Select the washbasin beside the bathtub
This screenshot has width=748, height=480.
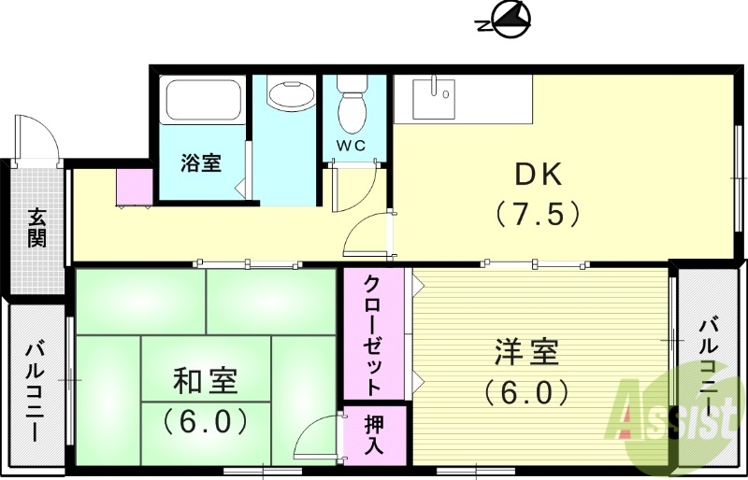291,94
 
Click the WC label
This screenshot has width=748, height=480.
352,147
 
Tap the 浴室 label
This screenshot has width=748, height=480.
201,162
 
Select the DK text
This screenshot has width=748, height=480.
537,175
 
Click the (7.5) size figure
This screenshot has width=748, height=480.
538,215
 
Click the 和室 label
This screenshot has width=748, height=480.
205,381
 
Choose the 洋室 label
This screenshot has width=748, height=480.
526,354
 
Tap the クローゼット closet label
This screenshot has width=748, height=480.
371,333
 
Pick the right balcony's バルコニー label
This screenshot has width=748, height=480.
710,365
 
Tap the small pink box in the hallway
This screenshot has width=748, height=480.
135,187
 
